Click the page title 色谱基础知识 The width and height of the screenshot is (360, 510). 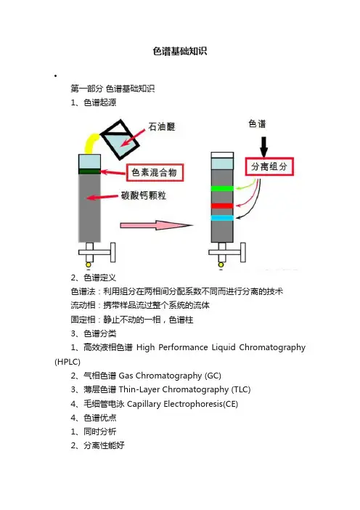click(x=180, y=51)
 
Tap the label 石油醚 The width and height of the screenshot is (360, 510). click(x=162, y=126)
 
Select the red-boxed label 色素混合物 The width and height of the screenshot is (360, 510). click(x=155, y=172)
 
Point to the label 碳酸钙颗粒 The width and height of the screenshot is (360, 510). click(x=144, y=195)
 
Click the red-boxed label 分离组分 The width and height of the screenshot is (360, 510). click(x=269, y=167)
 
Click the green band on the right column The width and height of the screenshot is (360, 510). click(x=222, y=188)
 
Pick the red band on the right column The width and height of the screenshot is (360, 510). click(x=222, y=206)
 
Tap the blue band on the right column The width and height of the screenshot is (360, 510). click(x=222, y=218)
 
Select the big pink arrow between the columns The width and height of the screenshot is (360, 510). click(x=157, y=225)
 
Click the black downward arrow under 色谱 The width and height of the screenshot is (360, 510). click(x=263, y=147)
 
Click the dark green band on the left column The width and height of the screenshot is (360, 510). click(x=90, y=171)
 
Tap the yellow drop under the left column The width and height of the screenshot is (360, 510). click(x=89, y=264)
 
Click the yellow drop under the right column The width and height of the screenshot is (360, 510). click(x=221, y=264)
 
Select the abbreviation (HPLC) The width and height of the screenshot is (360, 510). click(x=67, y=362)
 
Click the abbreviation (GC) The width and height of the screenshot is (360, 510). click(x=213, y=376)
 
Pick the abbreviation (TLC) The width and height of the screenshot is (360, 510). click(x=241, y=389)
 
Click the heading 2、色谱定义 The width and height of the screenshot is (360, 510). click(x=93, y=278)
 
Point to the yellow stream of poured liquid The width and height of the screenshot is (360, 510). click(x=90, y=142)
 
